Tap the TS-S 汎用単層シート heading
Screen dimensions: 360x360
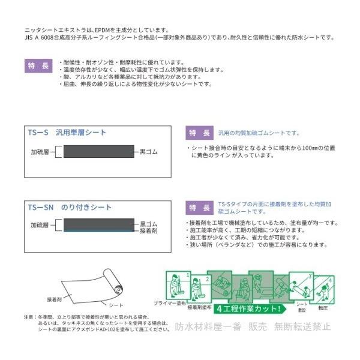pyautogui.click(x=68, y=133)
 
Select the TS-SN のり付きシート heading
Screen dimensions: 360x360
pyautogui.click(x=70, y=208)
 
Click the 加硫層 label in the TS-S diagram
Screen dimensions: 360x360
pyautogui.click(x=40, y=152)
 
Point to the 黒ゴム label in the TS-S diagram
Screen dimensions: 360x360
pyautogui.click(x=148, y=152)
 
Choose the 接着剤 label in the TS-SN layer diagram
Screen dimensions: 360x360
pyautogui.click(x=148, y=230)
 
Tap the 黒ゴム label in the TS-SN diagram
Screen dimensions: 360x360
pyautogui.click(x=148, y=223)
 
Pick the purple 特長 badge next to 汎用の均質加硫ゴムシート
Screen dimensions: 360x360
pyautogui.click(x=197, y=133)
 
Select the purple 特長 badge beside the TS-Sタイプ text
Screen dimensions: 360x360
pyautogui.click(x=197, y=208)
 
